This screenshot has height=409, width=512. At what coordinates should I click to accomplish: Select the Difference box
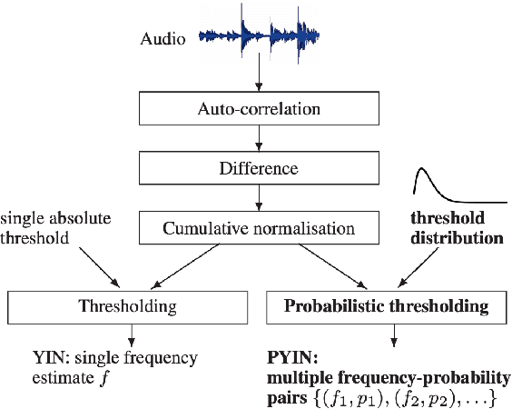point(260,167)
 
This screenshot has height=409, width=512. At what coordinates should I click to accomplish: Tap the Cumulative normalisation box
point(260,227)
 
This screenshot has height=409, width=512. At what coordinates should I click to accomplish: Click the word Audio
point(163,39)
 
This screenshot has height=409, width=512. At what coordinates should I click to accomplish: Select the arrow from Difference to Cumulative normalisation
point(260,197)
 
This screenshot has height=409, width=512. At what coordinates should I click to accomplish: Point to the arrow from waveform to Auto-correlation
point(260,73)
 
